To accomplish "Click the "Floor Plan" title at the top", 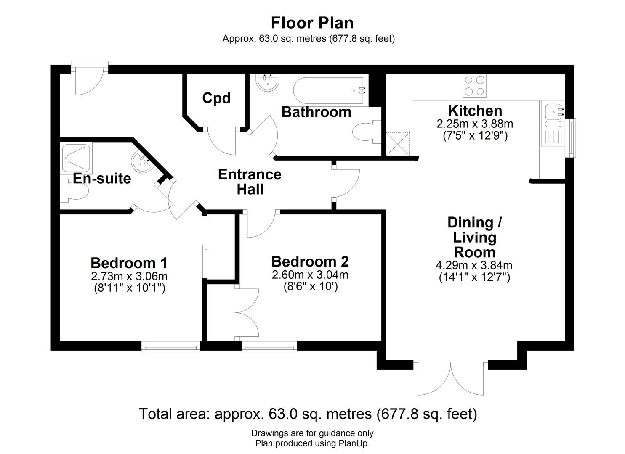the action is click(x=312, y=22).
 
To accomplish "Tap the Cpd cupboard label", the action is click(x=216, y=98).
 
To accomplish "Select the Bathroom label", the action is click(x=316, y=112).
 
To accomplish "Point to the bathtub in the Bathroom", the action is click(x=329, y=90).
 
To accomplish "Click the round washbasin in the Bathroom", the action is click(x=267, y=83).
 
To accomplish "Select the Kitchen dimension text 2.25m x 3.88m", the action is click(x=475, y=124).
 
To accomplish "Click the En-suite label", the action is click(x=102, y=178).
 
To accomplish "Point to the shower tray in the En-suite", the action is click(x=76, y=158).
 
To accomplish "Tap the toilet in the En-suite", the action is click(x=76, y=192).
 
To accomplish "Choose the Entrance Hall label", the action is click(x=250, y=182).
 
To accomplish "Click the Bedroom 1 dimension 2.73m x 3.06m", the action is click(x=129, y=276).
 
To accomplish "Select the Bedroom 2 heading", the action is click(x=310, y=261).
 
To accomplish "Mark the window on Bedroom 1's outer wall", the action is click(x=170, y=346).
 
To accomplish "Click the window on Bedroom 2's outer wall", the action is click(x=269, y=346).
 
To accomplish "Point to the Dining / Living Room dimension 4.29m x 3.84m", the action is click(x=474, y=265).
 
